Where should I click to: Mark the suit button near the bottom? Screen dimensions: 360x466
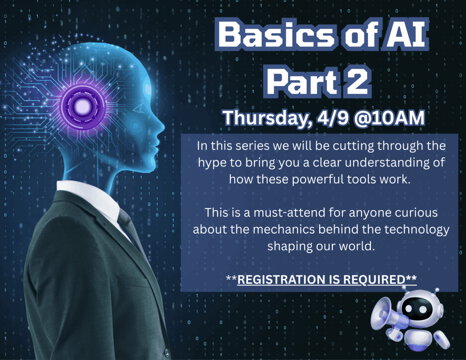pos(167,353)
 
